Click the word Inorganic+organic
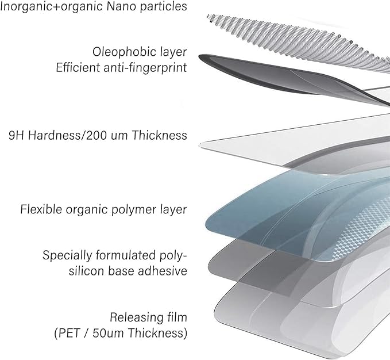click(52, 6)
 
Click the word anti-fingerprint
click(145, 68)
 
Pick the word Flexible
click(41, 209)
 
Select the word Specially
click(67, 256)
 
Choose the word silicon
click(87, 271)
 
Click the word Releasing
click(134, 318)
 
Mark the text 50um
click(108, 334)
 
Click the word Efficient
click(78, 67)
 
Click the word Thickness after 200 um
click(159, 136)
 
